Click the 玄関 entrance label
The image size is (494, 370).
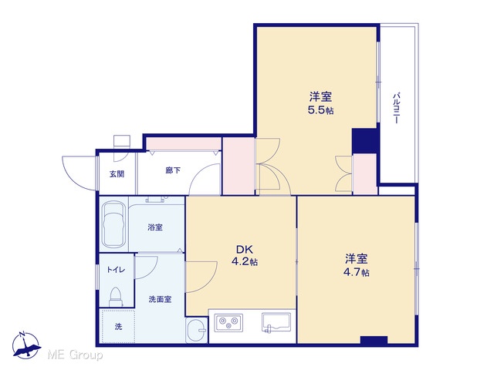(117, 174)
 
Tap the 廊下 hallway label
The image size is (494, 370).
(173, 170)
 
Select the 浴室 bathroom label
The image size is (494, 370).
(155, 227)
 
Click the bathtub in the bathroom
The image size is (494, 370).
(113, 224)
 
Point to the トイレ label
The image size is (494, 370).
(117, 270)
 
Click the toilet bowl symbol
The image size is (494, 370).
(116, 297)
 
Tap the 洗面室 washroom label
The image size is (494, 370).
(161, 299)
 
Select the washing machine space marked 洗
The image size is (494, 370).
(117, 326)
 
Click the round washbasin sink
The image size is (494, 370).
(196, 330)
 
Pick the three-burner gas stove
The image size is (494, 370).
(228, 322)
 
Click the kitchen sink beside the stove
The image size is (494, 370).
(276, 322)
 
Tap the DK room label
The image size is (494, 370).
(245, 250)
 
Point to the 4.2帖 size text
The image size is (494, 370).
(245, 261)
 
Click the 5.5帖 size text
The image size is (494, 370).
(321, 110)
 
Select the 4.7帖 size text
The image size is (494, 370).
(357, 272)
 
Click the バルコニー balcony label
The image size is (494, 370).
(396, 108)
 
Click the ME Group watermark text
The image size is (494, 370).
(75, 355)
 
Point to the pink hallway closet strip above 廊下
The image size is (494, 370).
(184, 144)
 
